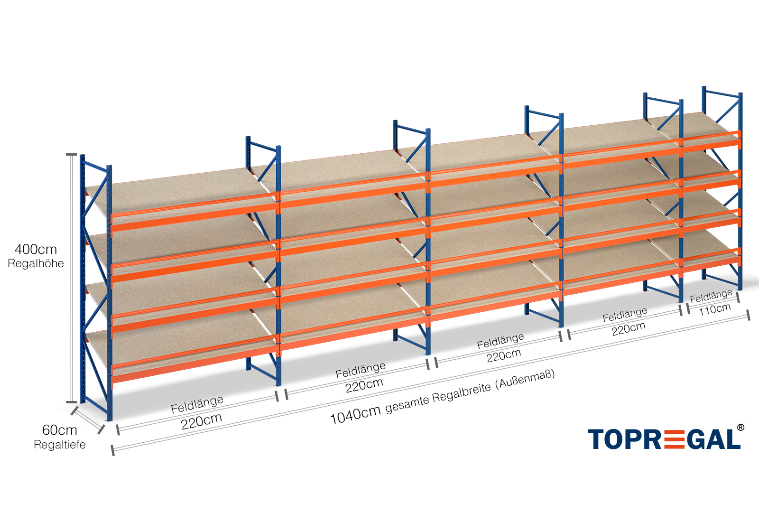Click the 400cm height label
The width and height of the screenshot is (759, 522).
click(x=36, y=249)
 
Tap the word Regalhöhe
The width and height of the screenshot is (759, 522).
click(x=36, y=263)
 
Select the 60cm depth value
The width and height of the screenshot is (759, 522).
click(x=59, y=430)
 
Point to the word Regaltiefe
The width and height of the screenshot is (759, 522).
click(x=60, y=445)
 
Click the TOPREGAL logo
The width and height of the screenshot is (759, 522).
click(x=664, y=439)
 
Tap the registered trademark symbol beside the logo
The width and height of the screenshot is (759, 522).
click(x=740, y=428)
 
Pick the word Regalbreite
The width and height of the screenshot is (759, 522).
click(x=461, y=392)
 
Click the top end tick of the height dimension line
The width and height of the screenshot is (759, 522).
click(x=71, y=154)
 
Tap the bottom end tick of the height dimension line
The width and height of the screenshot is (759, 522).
click(x=71, y=402)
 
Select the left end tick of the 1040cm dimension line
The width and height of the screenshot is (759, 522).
click(x=112, y=449)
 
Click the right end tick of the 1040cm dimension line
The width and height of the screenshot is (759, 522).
click(x=748, y=315)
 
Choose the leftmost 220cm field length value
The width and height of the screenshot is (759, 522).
click(x=202, y=421)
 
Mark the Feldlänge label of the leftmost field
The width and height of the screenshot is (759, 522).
click(x=197, y=404)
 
